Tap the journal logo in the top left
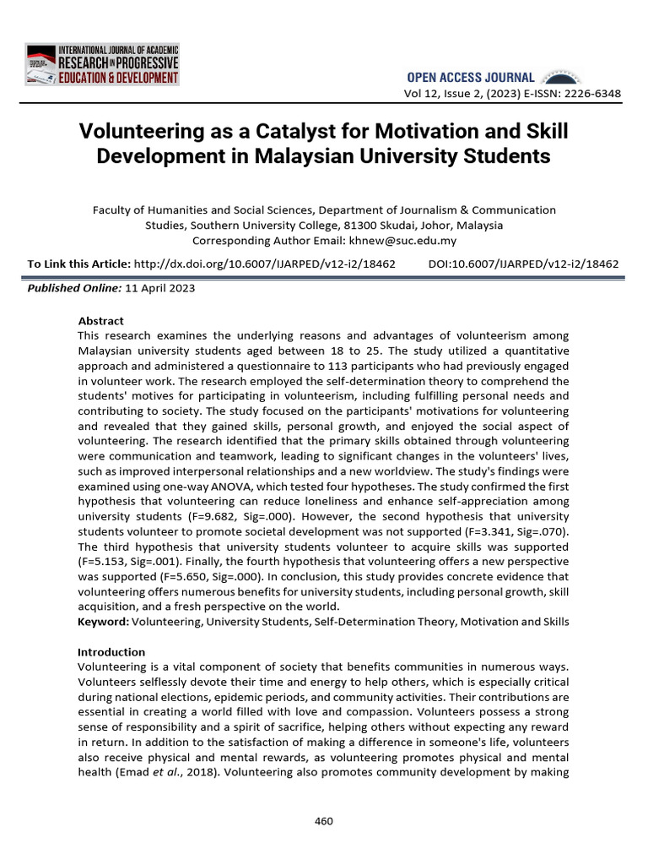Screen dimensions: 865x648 click(x=101, y=64)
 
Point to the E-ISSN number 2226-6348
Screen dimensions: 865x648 click(x=591, y=93)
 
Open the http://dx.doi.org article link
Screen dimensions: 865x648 click(x=265, y=264)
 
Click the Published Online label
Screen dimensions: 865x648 click(x=74, y=288)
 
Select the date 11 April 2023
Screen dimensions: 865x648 click(x=160, y=288)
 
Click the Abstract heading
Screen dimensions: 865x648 click(x=100, y=321)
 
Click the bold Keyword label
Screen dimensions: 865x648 click(x=103, y=622)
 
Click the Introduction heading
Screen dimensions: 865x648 click(x=111, y=652)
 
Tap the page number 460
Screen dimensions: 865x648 click(x=323, y=820)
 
